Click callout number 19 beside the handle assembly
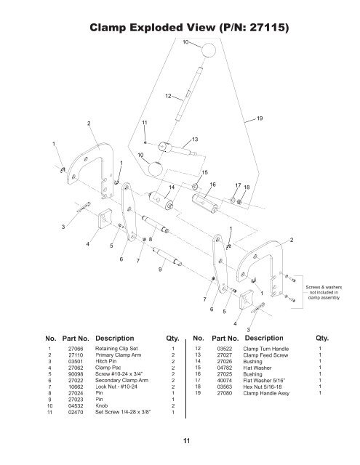[260, 117]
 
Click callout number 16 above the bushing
[213, 185]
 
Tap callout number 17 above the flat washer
[236, 186]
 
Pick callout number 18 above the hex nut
[247, 187]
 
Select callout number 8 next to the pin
[151, 239]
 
